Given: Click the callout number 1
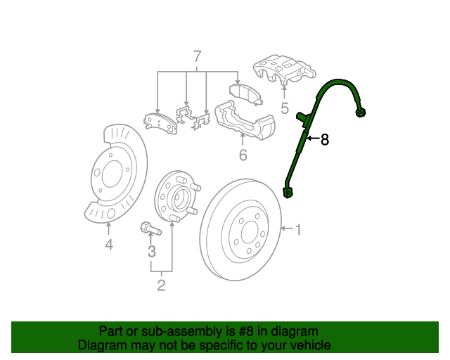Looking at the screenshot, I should (x=298, y=229).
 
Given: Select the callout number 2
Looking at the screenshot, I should (x=161, y=285).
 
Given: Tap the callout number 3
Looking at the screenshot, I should (x=151, y=251).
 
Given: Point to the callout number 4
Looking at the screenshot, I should (x=109, y=245).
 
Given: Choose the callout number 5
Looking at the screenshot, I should (x=285, y=108).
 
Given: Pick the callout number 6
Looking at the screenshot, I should (x=243, y=155).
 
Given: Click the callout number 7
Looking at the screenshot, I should (x=197, y=56).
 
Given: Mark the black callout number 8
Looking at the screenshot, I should (x=324, y=140).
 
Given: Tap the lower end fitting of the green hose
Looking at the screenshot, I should (x=288, y=191).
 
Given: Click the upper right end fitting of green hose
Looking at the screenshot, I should (x=362, y=111).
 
